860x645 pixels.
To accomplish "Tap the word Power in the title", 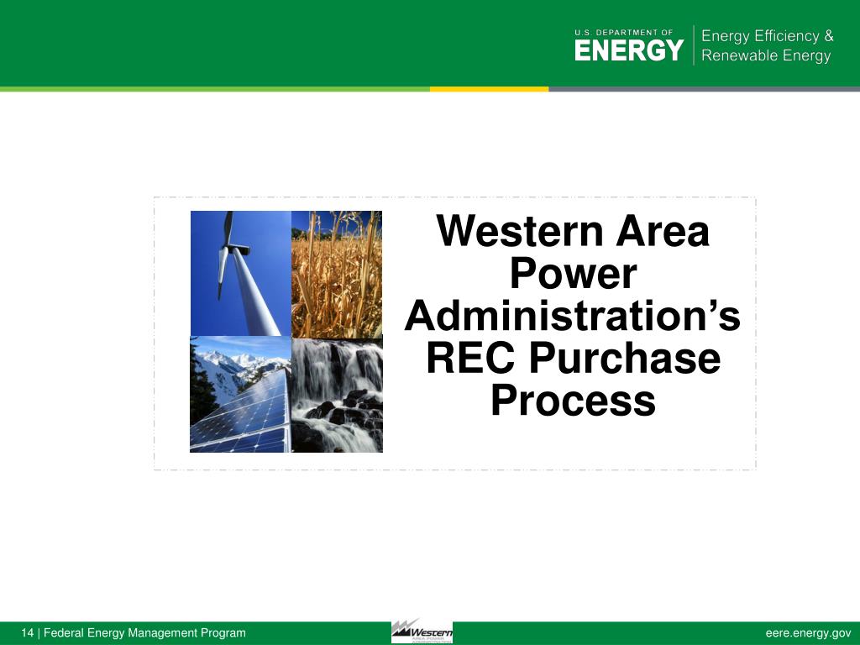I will (x=573, y=275).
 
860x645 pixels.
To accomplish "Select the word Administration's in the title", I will (x=573, y=317).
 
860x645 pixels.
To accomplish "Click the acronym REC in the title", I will (x=471, y=359).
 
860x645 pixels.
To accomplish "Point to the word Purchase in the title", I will (x=624, y=359).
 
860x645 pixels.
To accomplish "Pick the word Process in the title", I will (x=573, y=401).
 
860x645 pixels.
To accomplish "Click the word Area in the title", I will (x=663, y=233).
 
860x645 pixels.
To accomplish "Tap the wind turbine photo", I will (x=240, y=273).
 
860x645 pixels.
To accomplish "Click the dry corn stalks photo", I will (x=337, y=273).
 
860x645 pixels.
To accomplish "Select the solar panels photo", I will (x=240, y=395).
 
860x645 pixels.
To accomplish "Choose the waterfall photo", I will (x=337, y=395).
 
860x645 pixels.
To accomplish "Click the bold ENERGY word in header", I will (x=628, y=51).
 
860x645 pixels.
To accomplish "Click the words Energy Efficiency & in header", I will (x=767, y=36).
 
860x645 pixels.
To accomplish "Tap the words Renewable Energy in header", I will (x=765, y=56).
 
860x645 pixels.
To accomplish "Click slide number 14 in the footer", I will (x=28, y=633).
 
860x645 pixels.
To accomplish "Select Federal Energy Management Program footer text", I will (x=144, y=633).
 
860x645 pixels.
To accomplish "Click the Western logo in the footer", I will (x=422, y=632).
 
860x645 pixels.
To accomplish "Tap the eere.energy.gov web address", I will (x=808, y=633).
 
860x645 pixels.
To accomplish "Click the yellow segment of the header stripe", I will (x=489, y=89).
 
